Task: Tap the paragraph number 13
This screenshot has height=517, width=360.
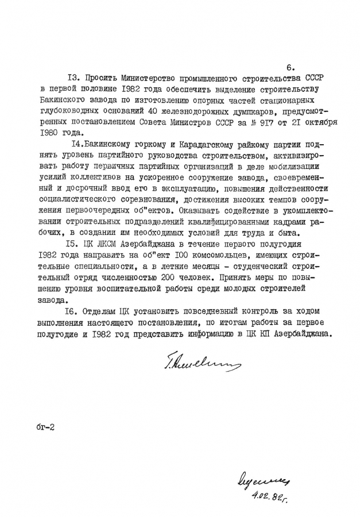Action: [73, 78]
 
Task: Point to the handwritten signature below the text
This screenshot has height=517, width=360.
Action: [195, 362]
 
